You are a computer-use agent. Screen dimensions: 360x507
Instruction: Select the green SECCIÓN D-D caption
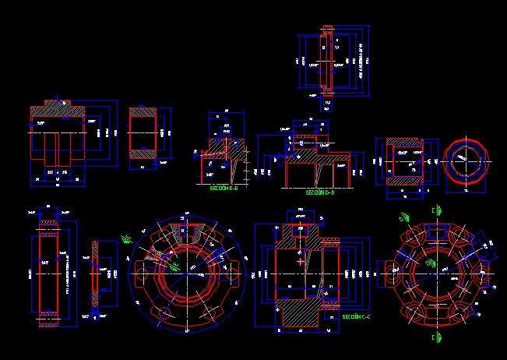319,192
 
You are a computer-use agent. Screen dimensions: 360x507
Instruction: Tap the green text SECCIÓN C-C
356,316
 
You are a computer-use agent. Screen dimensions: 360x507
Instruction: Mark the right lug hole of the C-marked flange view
483,274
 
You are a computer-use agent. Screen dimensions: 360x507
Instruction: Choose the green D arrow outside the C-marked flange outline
404,218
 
